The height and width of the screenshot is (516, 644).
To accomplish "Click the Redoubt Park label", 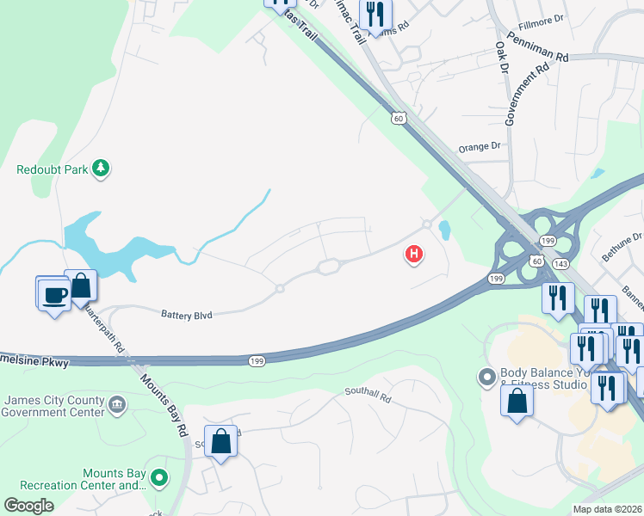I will pos(53,169).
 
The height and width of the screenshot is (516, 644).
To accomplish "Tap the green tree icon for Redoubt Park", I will pos(102,169).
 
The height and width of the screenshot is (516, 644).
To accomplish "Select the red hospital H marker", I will pos(414,254).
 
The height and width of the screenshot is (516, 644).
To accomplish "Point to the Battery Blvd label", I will pos(186,315).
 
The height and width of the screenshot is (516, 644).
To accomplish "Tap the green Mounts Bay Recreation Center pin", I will pos(158,476).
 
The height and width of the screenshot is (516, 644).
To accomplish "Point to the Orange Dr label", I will pos(480,147).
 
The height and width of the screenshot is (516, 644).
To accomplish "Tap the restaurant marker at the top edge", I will pos(375,15).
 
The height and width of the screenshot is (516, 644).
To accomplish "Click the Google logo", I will pos(29,505).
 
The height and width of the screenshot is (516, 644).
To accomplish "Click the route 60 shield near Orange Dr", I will pos(397,118).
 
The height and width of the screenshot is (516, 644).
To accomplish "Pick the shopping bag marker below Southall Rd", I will pos(221,442).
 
